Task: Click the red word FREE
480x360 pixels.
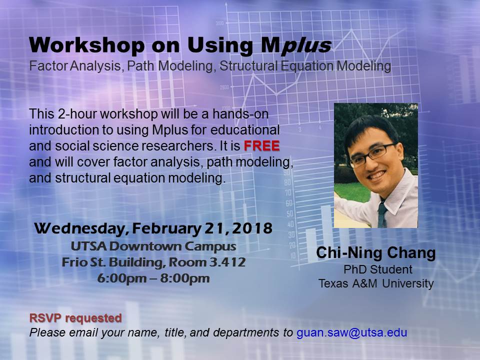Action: pos(261,145)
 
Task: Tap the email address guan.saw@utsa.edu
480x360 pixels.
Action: pos(351,332)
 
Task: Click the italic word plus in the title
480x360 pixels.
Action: pos(306,46)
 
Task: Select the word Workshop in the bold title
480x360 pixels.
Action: pos(86,45)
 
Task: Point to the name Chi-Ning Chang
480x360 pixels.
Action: pos(375,253)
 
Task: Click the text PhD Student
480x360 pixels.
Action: pos(378,269)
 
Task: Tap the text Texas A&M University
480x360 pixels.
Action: pos(376,283)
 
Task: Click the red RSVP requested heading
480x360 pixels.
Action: pos(75,318)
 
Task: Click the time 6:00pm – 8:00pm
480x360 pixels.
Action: pos(153,278)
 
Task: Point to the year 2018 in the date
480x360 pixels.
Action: pos(252,228)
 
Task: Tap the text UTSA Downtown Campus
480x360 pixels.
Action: pos(153,246)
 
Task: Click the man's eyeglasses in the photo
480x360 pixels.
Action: pos(372,154)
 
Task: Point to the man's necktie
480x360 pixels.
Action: pos(382,214)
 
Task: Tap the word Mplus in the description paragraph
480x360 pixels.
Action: pos(170,130)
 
